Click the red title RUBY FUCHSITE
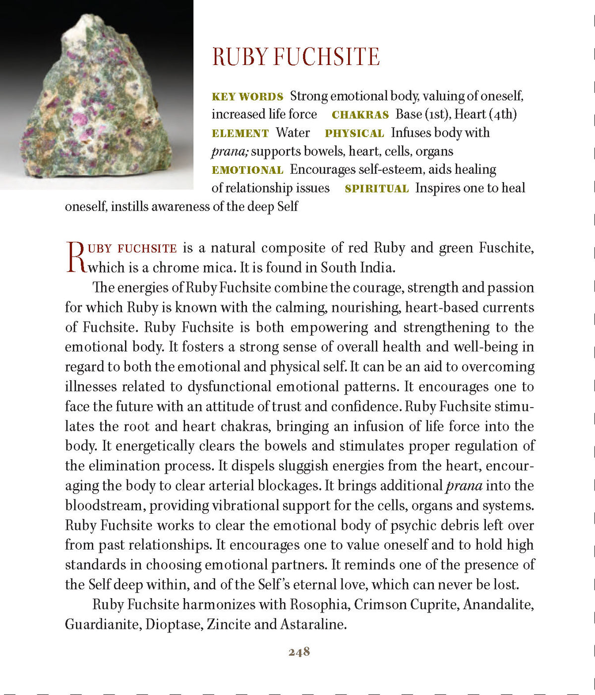pyautogui.click(x=296, y=57)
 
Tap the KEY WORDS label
pyautogui.click(x=247, y=96)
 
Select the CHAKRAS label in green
pyautogui.click(x=360, y=115)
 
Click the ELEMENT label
pyautogui.click(x=240, y=133)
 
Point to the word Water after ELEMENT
pyautogui.click(x=293, y=133)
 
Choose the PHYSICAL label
pyautogui.click(x=354, y=133)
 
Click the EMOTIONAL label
pyautogui.click(x=247, y=170)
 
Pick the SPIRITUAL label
pyautogui.click(x=376, y=189)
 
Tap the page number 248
pyautogui.click(x=299, y=652)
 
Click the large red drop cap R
pyautogui.click(x=76, y=257)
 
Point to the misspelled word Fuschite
pyautogui.click(x=506, y=248)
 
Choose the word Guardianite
pyautogui.click(x=103, y=625)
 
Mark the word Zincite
pyautogui.click(x=228, y=625)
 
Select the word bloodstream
pyautogui.click(x=105, y=505)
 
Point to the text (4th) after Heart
pyautogui.click(x=503, y=114)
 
